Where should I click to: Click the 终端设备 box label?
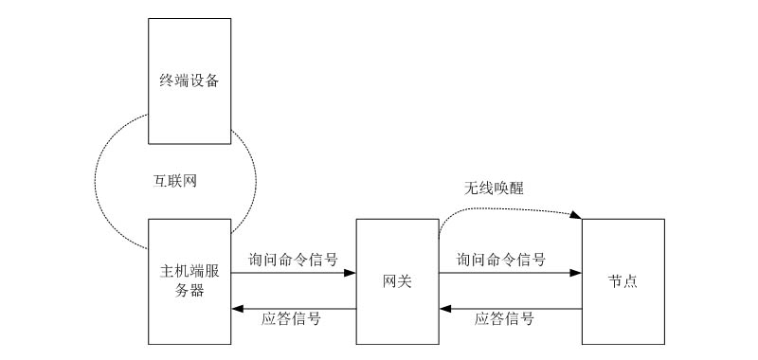point(189,81)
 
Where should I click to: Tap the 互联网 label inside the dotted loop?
point(176,179)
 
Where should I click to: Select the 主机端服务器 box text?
point(189,281)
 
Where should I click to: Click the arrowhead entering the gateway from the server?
point(350,273)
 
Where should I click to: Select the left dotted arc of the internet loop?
point(96,180)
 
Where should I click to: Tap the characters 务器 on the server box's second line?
point(189,291)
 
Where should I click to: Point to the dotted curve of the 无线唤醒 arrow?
point(493,206)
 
